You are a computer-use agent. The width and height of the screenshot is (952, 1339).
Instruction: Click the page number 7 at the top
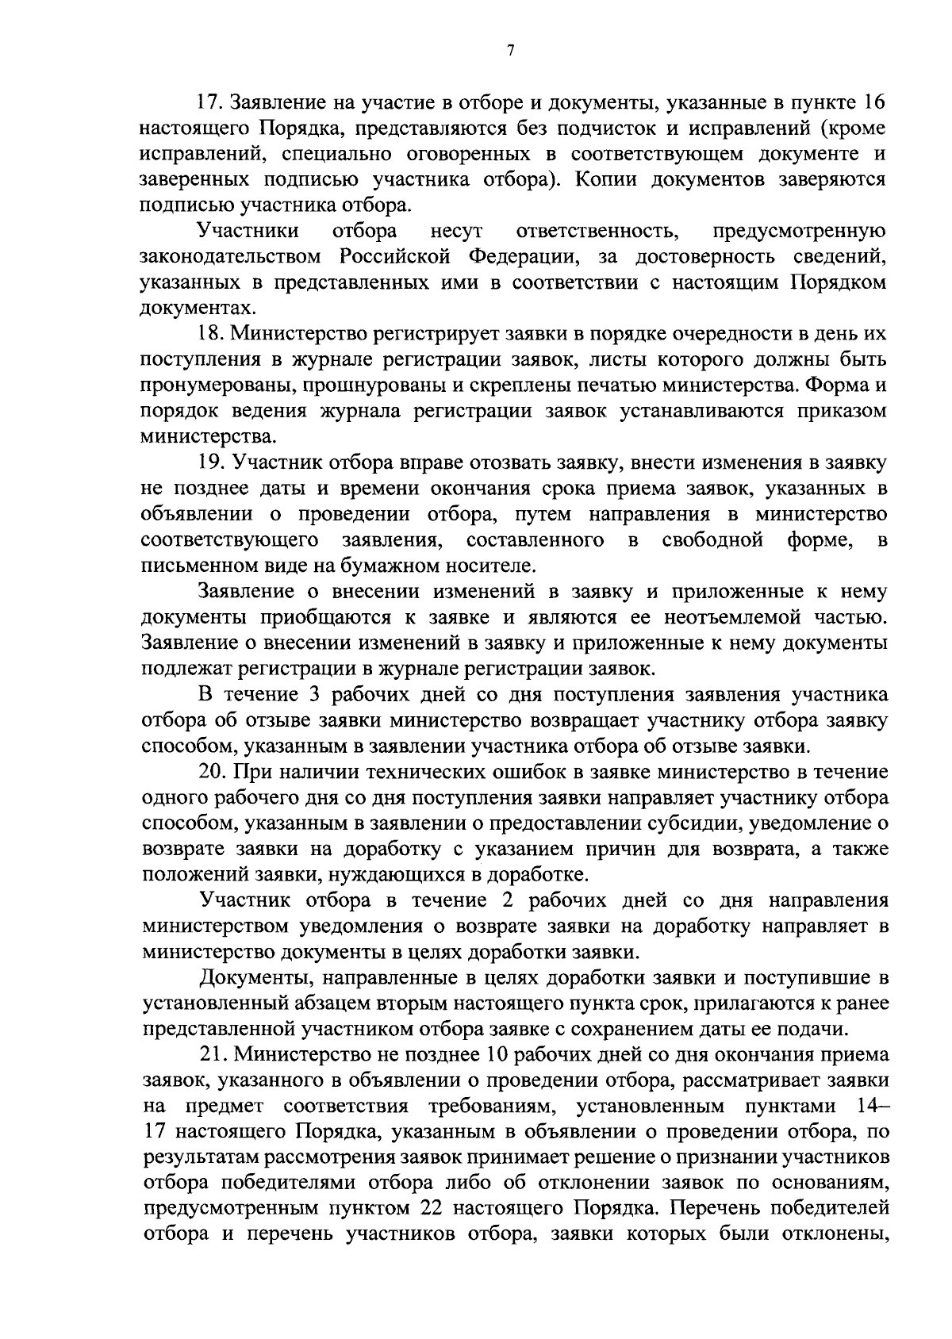tap(510, 52)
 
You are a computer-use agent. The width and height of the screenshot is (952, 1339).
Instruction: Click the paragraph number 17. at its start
tap(212, 103)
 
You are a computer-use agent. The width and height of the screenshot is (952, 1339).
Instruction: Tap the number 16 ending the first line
tap(873, 103)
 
